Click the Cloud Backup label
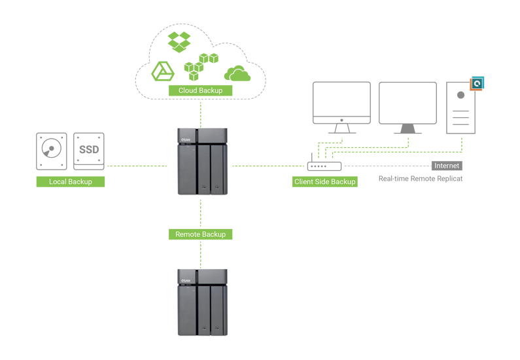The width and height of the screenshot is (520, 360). coord(201,90)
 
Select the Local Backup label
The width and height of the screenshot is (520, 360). coord(71,181)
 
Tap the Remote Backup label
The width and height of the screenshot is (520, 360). coord(201,234)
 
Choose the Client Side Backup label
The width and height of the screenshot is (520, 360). coord(325,181)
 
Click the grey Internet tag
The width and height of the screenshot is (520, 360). coord(447,166)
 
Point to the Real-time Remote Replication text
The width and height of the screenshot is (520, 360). coord(421,179)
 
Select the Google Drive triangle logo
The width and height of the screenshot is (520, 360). coord(162,71)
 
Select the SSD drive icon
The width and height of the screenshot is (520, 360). coord(89,151)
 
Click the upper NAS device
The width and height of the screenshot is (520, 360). coord(203,161)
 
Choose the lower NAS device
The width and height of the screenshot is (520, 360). coord(203,302)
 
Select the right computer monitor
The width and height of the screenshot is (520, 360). coord(408,107)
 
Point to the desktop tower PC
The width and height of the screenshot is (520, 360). coord(460,108)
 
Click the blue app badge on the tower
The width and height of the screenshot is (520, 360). coord(477,83)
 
